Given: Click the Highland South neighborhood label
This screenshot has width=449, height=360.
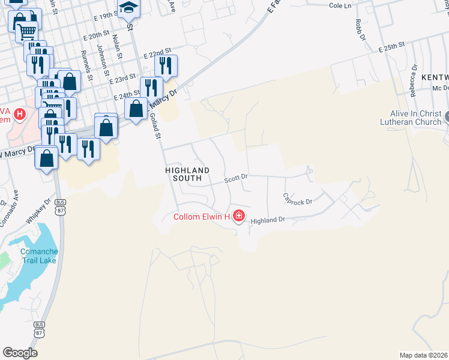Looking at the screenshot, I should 187,174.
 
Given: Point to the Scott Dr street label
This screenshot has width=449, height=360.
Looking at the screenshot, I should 236,178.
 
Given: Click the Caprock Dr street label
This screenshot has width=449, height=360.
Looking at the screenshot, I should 298,198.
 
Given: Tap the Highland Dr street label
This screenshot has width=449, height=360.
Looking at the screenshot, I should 268,220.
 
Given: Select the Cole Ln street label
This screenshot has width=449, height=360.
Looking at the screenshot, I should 340,5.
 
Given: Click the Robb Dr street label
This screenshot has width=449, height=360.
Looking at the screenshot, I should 360,29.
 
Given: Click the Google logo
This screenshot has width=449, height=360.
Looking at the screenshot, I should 20,353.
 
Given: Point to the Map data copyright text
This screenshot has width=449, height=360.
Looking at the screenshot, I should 424,355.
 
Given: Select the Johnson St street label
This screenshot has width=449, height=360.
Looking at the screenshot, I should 102,60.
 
